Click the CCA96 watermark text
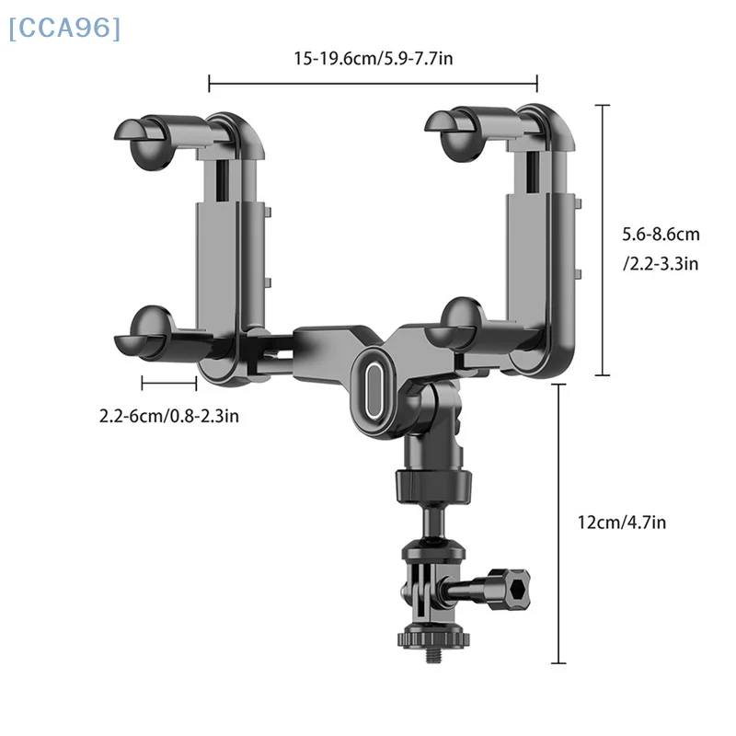(63, 29)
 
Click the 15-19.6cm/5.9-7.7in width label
(373, 59)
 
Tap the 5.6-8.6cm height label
(661, 236)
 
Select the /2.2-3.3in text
(661, 264)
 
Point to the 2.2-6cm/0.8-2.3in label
(169, 416)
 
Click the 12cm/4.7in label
(622, 522)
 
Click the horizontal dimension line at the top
(373, 86)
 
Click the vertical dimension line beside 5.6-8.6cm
(604, 240)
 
